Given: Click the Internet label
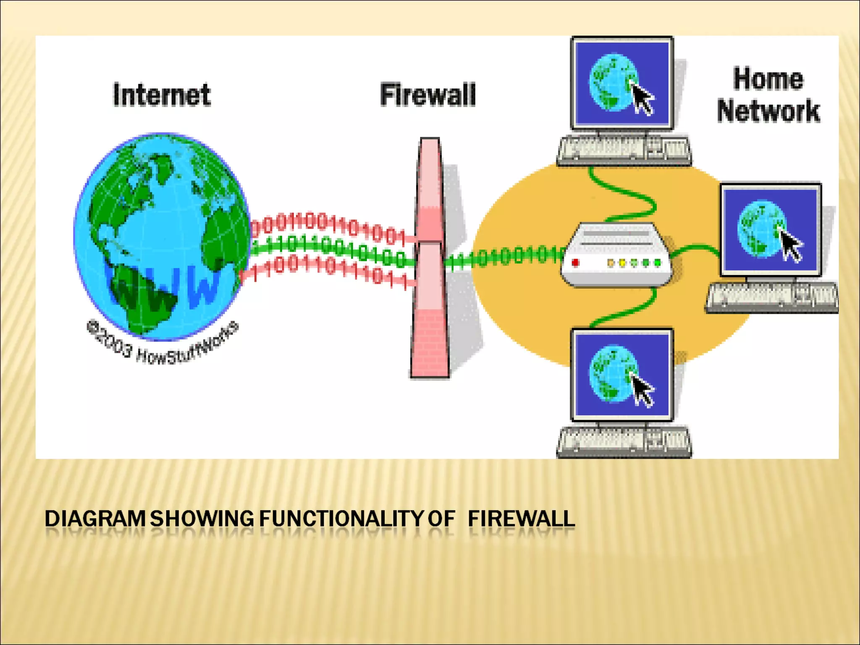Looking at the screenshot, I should [162, 95].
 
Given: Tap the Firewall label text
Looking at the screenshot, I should [427, 95].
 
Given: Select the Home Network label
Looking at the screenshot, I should [768, 95].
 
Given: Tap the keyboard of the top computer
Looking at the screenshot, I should [624, 150].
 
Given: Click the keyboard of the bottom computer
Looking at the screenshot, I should [624, 442].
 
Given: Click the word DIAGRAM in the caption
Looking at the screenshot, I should [95, 519].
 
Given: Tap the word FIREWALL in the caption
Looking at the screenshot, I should [521, 519].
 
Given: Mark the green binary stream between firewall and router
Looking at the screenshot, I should [504, 257].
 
